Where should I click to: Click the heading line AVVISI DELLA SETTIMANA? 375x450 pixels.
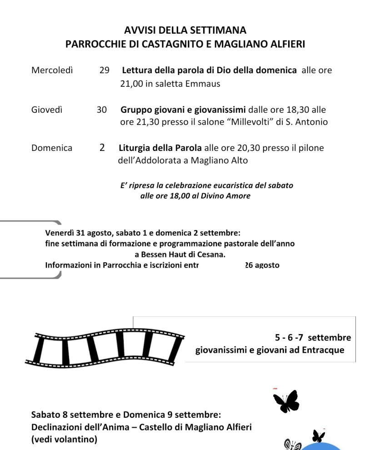pos(185,30)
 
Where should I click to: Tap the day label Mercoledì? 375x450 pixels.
pos(52,70)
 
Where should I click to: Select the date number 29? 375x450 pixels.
pos(104,70)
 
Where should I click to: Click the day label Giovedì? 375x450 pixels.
pos(47,110)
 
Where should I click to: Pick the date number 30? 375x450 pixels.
pos(101,110)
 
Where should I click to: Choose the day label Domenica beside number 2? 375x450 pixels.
pos(51,148)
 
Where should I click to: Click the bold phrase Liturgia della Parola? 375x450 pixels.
pos(160,148)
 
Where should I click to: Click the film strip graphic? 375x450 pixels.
pos(105,348)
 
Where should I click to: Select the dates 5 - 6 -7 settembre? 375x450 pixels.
pos(313,338)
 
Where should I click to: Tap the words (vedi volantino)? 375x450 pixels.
pos(64,440)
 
